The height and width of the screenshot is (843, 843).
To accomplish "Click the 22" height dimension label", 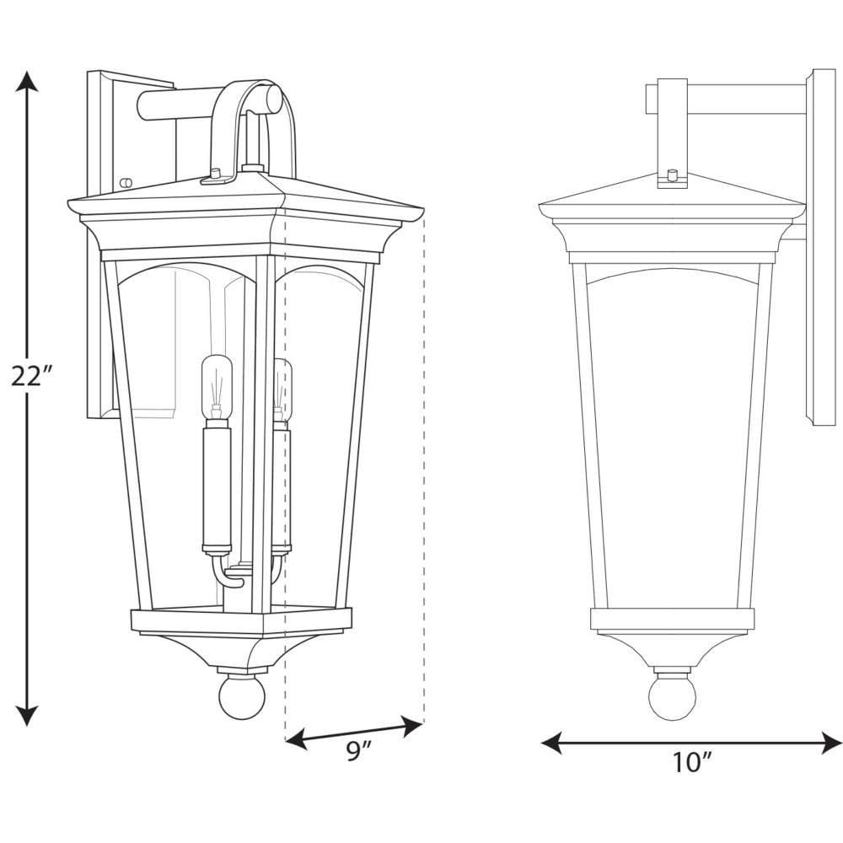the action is coord(34,375).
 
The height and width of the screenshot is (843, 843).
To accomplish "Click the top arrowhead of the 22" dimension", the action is coord(26,83).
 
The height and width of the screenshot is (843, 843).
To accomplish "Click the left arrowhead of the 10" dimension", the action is coord(551,743).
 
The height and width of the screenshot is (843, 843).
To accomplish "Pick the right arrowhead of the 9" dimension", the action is coord(412,726).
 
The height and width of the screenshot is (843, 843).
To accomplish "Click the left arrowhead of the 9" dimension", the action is coord(298,739).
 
